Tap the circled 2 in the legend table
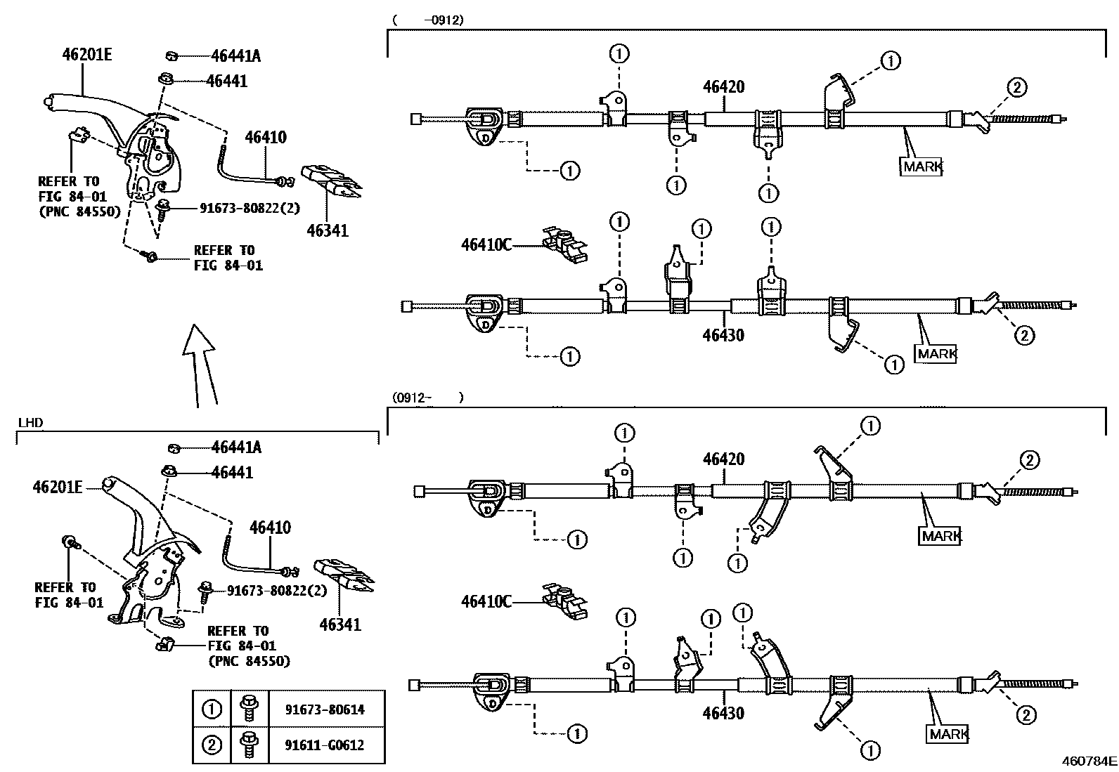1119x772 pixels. [212, 745]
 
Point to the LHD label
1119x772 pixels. [29, 422]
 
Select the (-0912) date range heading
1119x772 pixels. [428, 20]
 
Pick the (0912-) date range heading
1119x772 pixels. [428, 398]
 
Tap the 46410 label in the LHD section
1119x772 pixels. [270, 528]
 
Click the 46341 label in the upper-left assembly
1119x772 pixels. [327, 230]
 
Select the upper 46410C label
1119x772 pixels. [486, 244]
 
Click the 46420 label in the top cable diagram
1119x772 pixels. [724, 87]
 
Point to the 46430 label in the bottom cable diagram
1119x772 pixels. [724, 713]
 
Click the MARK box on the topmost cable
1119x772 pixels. [921, 166]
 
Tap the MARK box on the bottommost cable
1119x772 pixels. [947, 734]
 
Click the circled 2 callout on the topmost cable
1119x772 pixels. [1016, 88]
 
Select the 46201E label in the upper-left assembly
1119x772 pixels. [85, 54]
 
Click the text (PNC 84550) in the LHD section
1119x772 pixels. [249, 661]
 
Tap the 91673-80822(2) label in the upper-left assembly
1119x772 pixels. [249, 207]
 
